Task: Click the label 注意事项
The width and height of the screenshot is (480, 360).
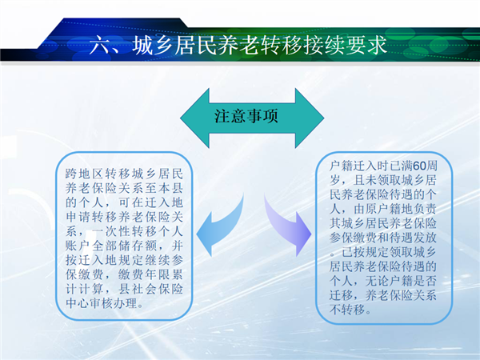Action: [x=246, y=116]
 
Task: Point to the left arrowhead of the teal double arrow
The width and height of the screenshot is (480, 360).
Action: [x=195, y=118]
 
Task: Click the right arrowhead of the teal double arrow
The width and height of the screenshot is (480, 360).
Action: [x=310, y=118]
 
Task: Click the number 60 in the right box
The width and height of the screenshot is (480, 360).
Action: [x=420, y=166]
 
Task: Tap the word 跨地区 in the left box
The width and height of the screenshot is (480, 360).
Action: [x=85, y=174]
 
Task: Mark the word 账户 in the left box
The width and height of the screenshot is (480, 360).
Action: [x=78, y=246]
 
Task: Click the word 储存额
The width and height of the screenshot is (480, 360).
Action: [x=138, y=246]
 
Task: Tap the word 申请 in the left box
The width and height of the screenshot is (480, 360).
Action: [x=78, y=217]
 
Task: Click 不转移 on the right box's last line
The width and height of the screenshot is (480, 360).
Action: [x=347, y=310]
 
